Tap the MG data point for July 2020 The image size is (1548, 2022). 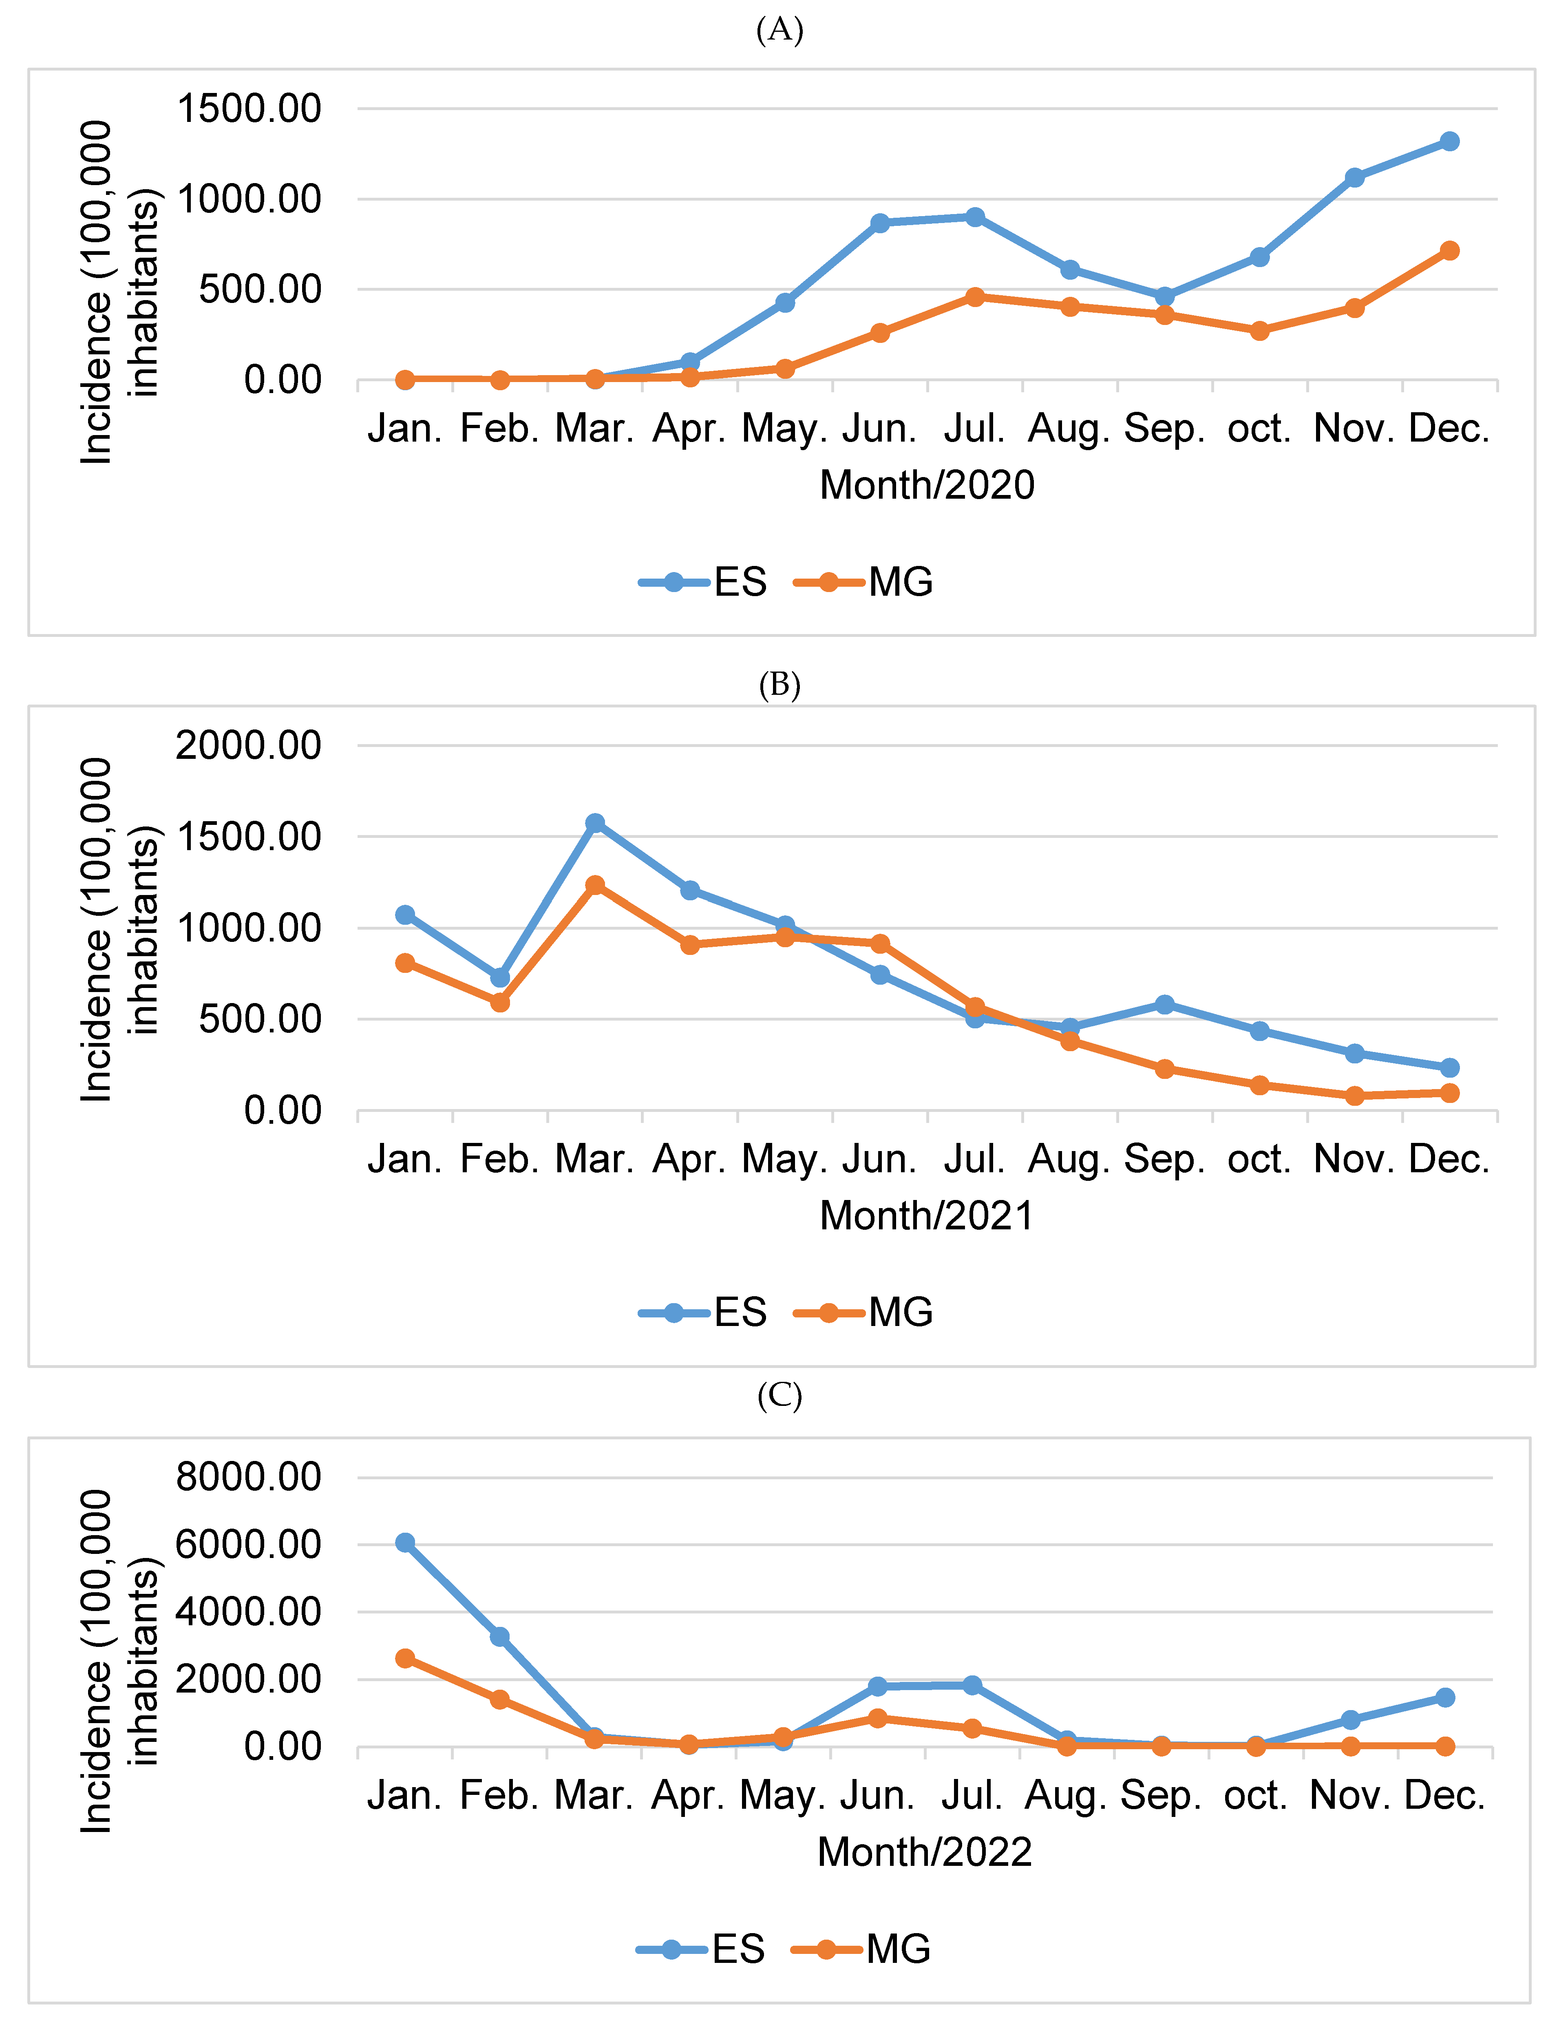coord(975,297)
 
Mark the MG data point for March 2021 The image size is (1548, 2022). coord(595,885)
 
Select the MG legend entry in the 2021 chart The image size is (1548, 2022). coord(864,1311)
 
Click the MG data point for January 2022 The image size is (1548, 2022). coord(404,1658)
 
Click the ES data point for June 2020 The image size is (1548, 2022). coord(880,223)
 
